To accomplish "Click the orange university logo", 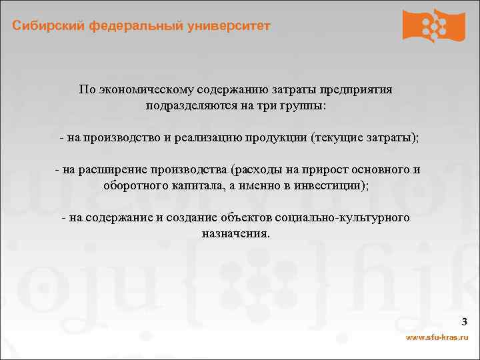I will (433, 25).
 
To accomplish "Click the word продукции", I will (276, 138).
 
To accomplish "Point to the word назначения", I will (235, 234).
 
